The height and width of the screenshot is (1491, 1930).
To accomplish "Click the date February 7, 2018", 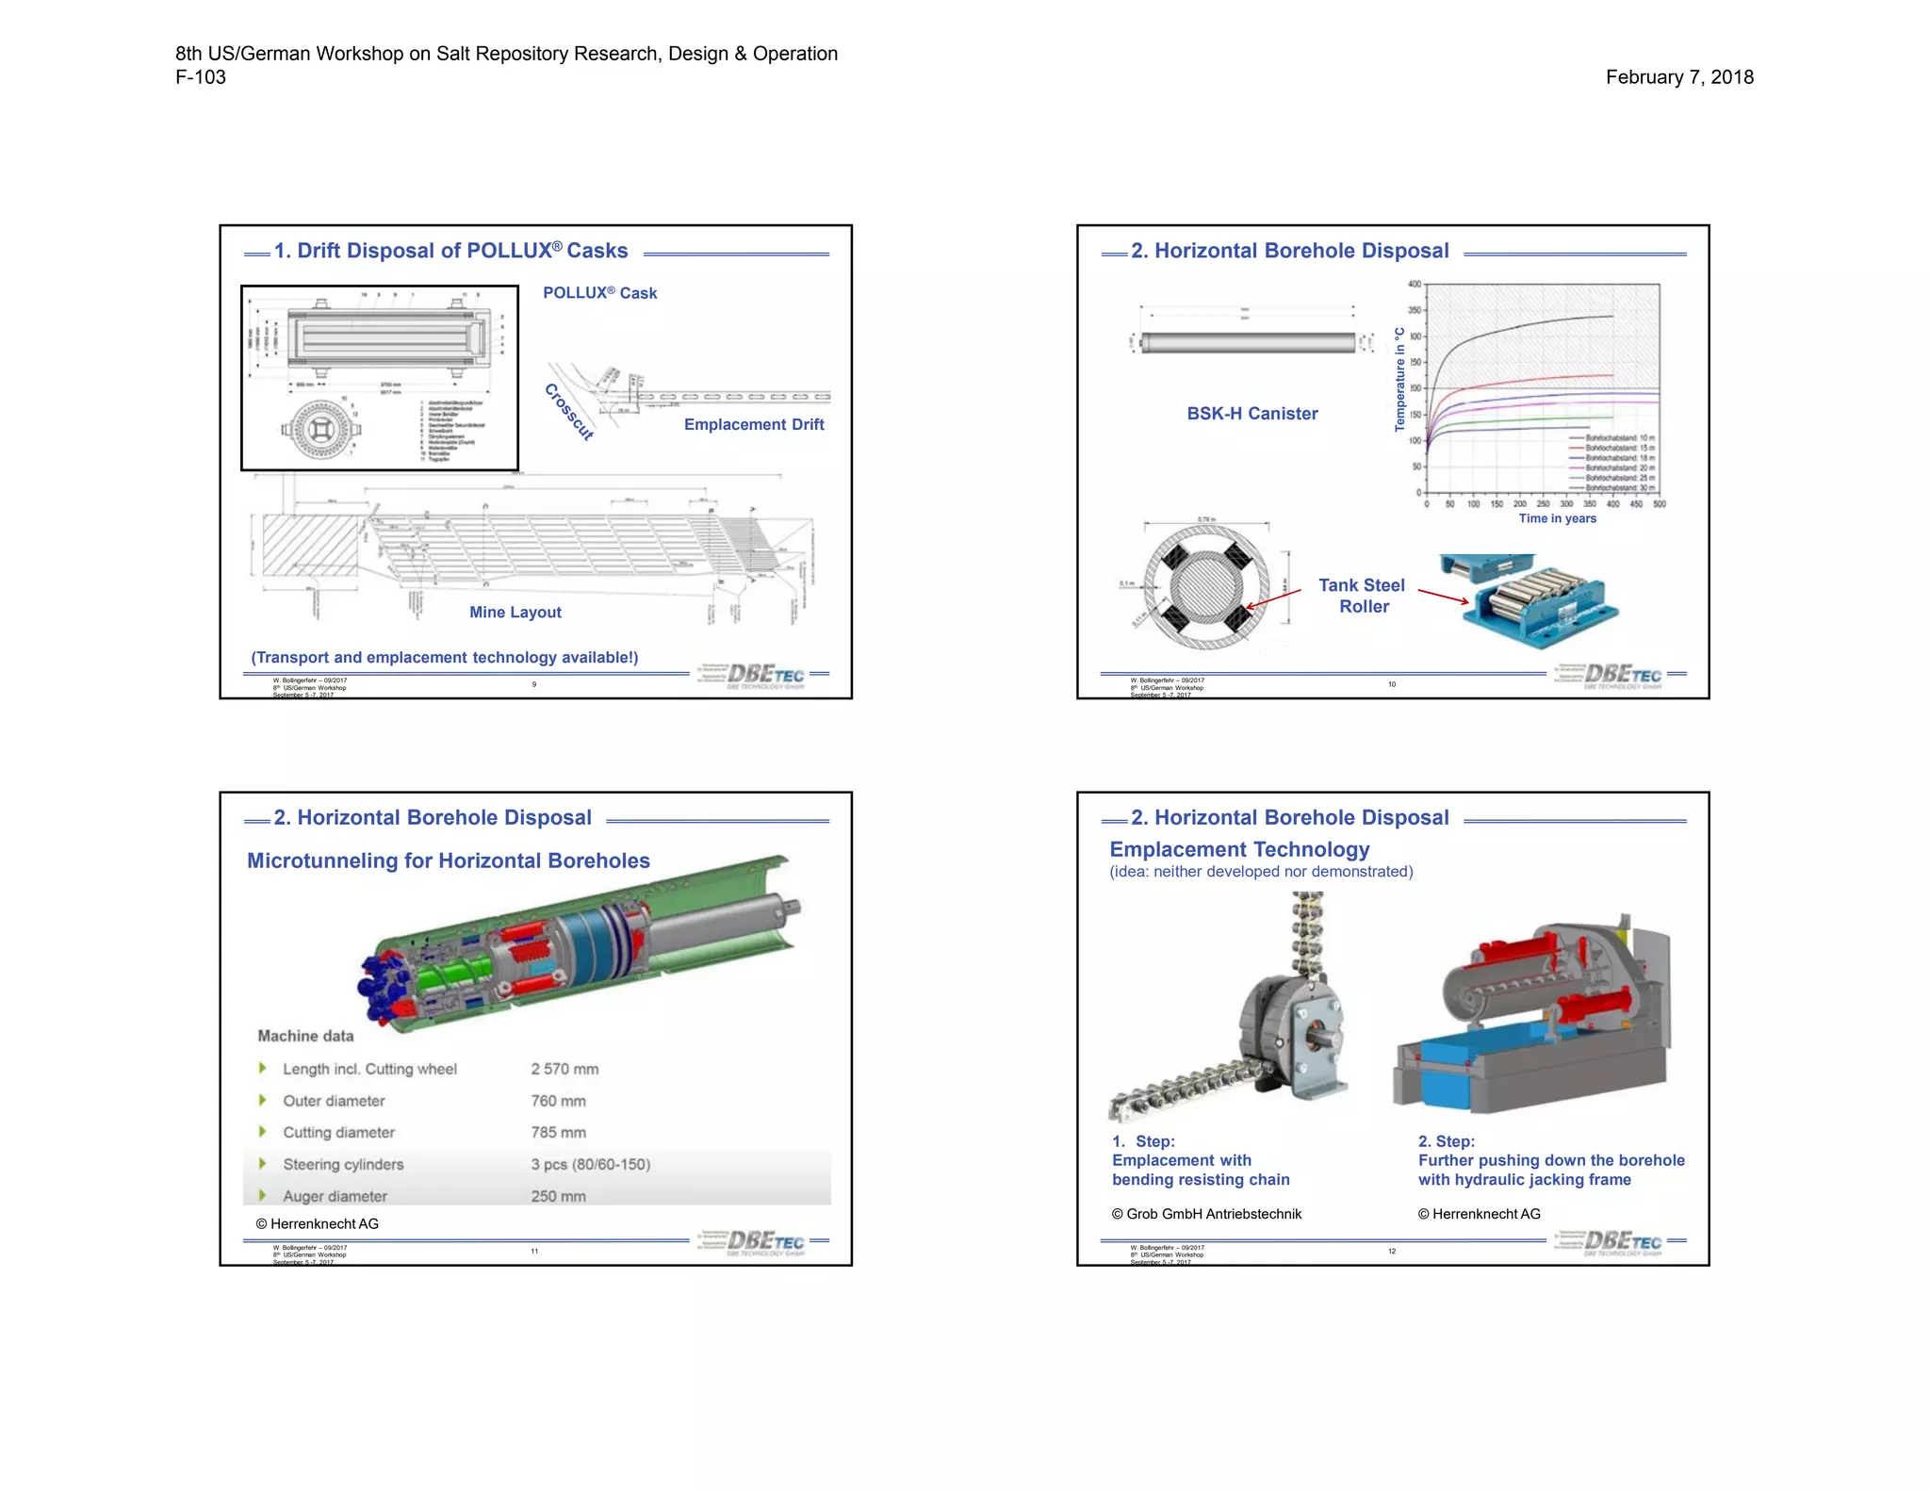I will click(1679, 77).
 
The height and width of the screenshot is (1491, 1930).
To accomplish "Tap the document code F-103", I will click(201, 77).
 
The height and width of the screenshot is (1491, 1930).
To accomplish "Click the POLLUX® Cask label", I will click(599, 293).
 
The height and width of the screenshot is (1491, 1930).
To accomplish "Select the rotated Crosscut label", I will click(569, 412).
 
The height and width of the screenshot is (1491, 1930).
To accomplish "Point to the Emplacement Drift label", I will click(754, 424).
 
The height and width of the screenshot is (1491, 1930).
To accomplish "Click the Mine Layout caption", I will click(515, 613).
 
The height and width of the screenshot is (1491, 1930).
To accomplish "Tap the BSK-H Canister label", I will click(1252, 414).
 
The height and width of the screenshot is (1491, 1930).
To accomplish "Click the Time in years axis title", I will click(1557, 518).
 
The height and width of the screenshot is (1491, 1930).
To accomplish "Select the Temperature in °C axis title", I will click(1399, 380).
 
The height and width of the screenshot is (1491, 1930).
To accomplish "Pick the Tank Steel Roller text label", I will click(1363, 596).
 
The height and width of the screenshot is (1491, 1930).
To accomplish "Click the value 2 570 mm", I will click(564, 1069).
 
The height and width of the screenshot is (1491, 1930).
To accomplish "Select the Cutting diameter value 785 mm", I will click(558, 1133).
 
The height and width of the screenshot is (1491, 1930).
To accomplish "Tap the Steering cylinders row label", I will click(343, 1165).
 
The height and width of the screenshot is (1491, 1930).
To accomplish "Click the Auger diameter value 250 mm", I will click(558, 1196).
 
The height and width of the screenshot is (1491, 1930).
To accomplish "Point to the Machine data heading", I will click(305, 1036).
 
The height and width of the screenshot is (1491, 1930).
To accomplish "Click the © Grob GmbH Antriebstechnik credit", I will click(1206, 1214).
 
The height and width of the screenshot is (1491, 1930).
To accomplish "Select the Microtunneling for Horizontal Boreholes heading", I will click(449, 860).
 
